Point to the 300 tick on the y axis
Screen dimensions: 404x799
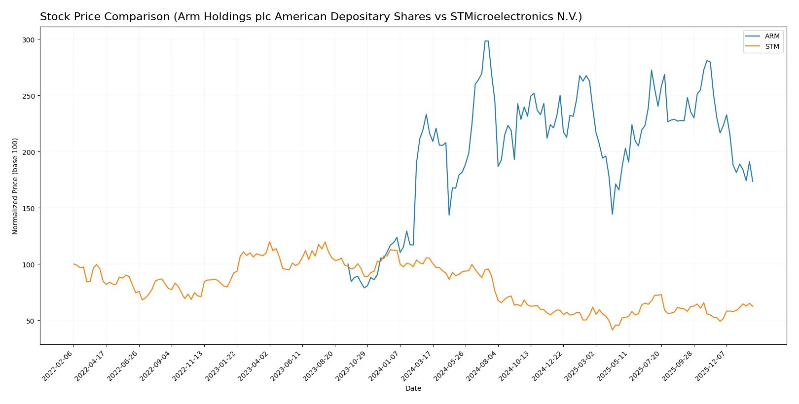[28, 39]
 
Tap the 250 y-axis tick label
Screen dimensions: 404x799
[28, 96]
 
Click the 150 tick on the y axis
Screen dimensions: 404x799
[28, 208]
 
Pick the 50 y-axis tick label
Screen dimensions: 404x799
[30, 321]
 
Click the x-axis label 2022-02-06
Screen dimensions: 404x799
[58, 366]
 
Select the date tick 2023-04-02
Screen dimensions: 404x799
[254, 366]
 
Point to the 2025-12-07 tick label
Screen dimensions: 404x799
[711, 366]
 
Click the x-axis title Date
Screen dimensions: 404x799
[413, 388]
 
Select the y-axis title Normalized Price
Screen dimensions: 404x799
[15, 186]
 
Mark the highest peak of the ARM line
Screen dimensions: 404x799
[486, 41]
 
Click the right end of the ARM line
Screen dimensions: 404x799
[753, 182]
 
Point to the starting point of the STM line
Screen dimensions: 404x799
[73, 264]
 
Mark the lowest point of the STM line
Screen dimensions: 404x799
[612, 330]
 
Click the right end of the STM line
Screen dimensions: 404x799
[753, 306]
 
